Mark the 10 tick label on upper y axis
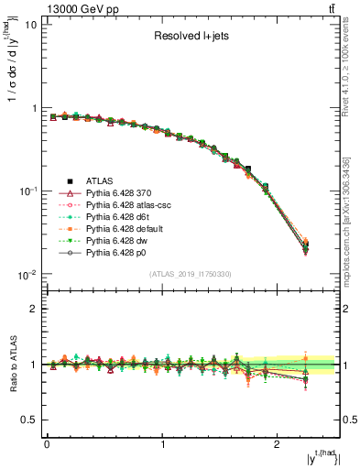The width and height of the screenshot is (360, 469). point(30,25)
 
